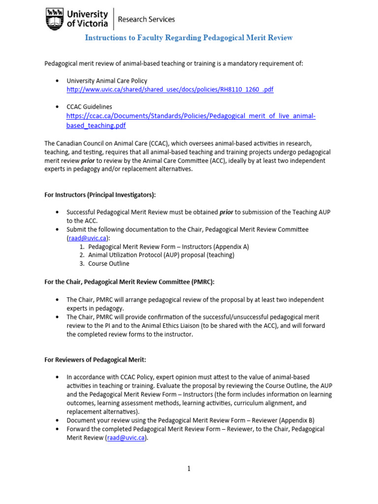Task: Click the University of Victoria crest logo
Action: click(x=54, y=19)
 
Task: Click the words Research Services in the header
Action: click(x=147, y=19)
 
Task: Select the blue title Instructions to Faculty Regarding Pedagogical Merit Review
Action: click(x=189, y=38)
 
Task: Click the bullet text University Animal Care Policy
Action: click(x=107, y=81)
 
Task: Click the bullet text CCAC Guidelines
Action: click(x=89, y=107)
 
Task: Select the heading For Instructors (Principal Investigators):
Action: click(x=100, y=195)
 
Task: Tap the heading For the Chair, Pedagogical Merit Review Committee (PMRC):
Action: click(x=129, y=282)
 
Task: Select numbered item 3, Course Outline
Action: click(x=108, y=264)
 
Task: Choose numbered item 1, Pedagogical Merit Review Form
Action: click(x=169, y=247)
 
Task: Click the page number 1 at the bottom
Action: click(x=189, y=469)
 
